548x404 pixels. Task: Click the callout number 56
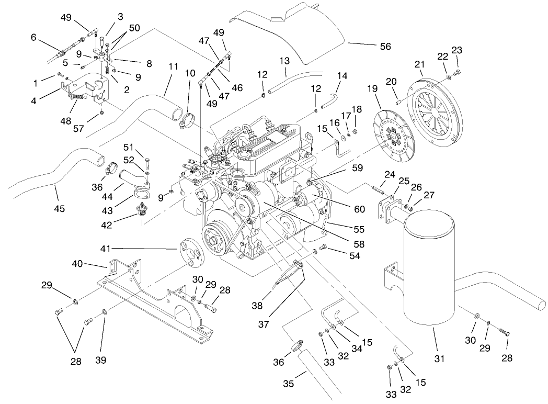click(x=385, y=47)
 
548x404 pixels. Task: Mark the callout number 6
click(x=34, y=37)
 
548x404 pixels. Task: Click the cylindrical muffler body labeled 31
click(x=432, y=272)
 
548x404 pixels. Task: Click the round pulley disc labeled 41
click(x=189, y=254)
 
